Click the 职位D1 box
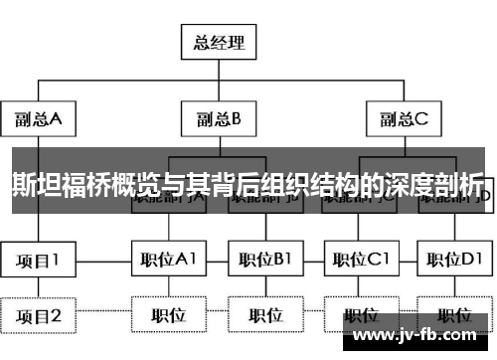click(x=454, y=260)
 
